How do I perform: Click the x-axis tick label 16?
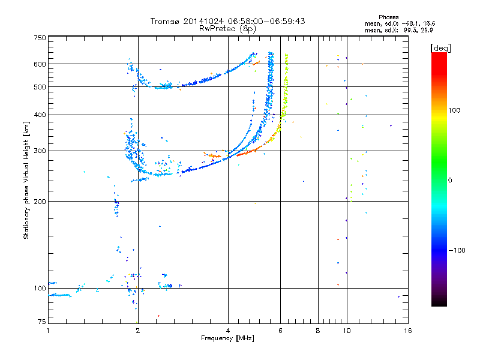[x=408, y=331]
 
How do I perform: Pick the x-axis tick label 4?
[x=228, y=331]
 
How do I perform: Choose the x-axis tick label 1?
[x=48, y=331]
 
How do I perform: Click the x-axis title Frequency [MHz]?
[x=227, y=338]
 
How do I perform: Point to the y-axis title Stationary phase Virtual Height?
[x=26, y=180]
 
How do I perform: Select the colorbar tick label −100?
[x=457, y=250]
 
